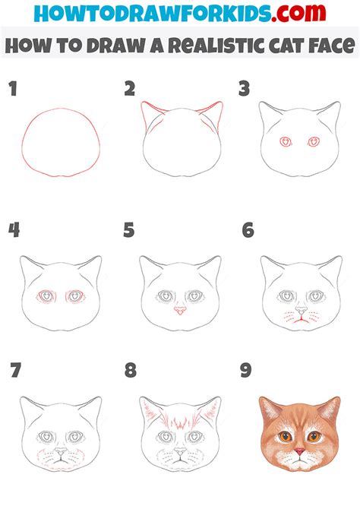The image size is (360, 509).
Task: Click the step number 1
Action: [13, 89]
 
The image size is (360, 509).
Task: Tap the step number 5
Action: [130, 229]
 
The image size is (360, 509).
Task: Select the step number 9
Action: [247, 371]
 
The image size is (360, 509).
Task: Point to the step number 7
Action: [14, 371]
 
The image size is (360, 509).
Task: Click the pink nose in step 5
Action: [180, 310]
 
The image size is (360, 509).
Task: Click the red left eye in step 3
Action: [286, 141]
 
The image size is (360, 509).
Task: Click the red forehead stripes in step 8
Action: [181, 419]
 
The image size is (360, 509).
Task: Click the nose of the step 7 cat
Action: [59, 452]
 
